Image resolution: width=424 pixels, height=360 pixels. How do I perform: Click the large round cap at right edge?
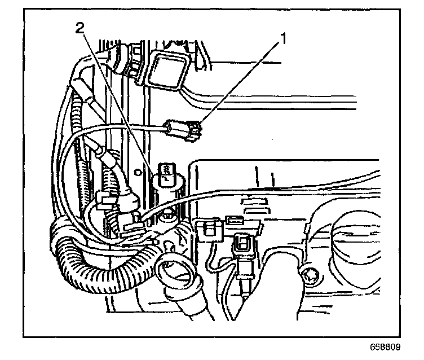click(361, 243)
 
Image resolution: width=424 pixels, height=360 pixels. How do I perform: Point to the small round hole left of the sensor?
click(137, 169)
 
